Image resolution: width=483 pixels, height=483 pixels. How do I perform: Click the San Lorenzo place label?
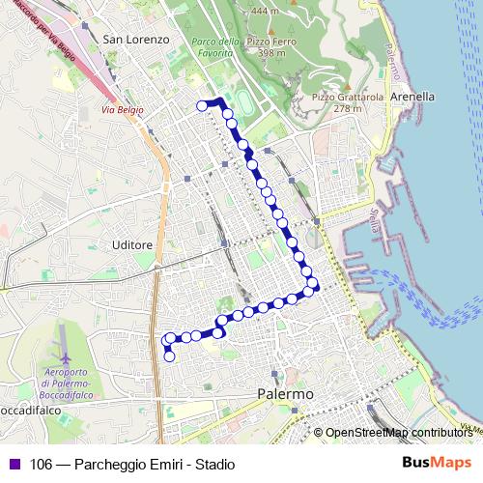(x=135, y=40)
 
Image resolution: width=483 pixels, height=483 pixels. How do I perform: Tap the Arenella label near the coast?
(x=412, y=97)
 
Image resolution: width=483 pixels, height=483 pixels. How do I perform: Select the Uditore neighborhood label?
(x=131, y=245)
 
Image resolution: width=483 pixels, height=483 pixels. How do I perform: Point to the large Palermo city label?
(x=286, y=395)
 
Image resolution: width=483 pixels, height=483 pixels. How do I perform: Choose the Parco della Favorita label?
(x=215, y=46)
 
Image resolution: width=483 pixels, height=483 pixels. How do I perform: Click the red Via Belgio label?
(x=123, y=110)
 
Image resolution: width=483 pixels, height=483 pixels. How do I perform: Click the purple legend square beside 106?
(x=13, y=464)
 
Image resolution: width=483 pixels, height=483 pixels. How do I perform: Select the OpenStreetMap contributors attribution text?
(x=399, y=433)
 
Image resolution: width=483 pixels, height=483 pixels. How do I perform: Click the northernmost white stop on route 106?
(x=202, y=105)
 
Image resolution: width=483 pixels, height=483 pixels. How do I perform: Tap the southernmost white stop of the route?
(x=170, y=356)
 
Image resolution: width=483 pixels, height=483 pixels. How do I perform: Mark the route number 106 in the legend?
(x=42, y=464)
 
